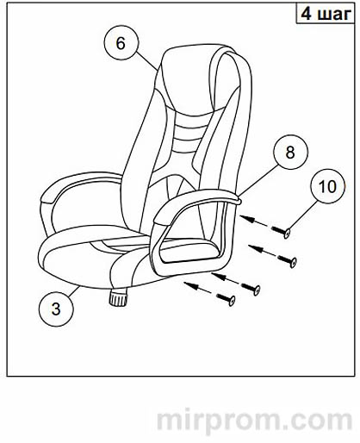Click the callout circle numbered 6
coord(121,43)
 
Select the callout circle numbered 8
coord(290,152)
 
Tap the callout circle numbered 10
coord(327,186)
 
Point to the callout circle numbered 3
coord(56,309)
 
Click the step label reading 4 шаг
coord(326,14)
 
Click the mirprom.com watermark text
coord(254,421)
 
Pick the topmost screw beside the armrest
coord(281,231)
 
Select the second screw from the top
coord(287,259)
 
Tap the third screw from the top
coord(251,288)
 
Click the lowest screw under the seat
coord(226,299)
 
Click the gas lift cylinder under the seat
coord(118,298)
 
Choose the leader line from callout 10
coord(301,216)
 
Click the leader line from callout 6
coord(147,61)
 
